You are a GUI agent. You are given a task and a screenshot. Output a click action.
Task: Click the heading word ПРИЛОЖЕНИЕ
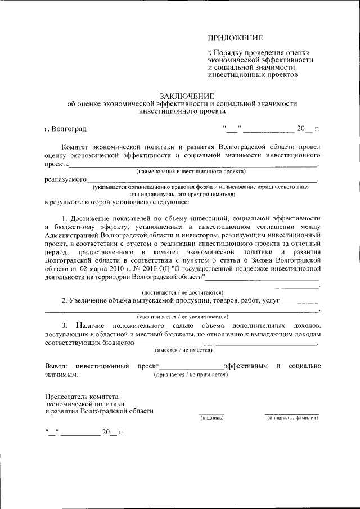coord(236,38)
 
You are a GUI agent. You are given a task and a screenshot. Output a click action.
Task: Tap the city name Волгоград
coord(69,130)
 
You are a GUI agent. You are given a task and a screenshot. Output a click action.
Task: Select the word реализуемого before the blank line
coord(65,179)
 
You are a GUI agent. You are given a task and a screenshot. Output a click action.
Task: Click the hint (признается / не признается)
coord(191,375)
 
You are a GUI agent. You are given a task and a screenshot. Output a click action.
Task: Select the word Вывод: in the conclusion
coord(56,366)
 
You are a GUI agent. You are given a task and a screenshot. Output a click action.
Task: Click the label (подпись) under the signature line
coord(211,418)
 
